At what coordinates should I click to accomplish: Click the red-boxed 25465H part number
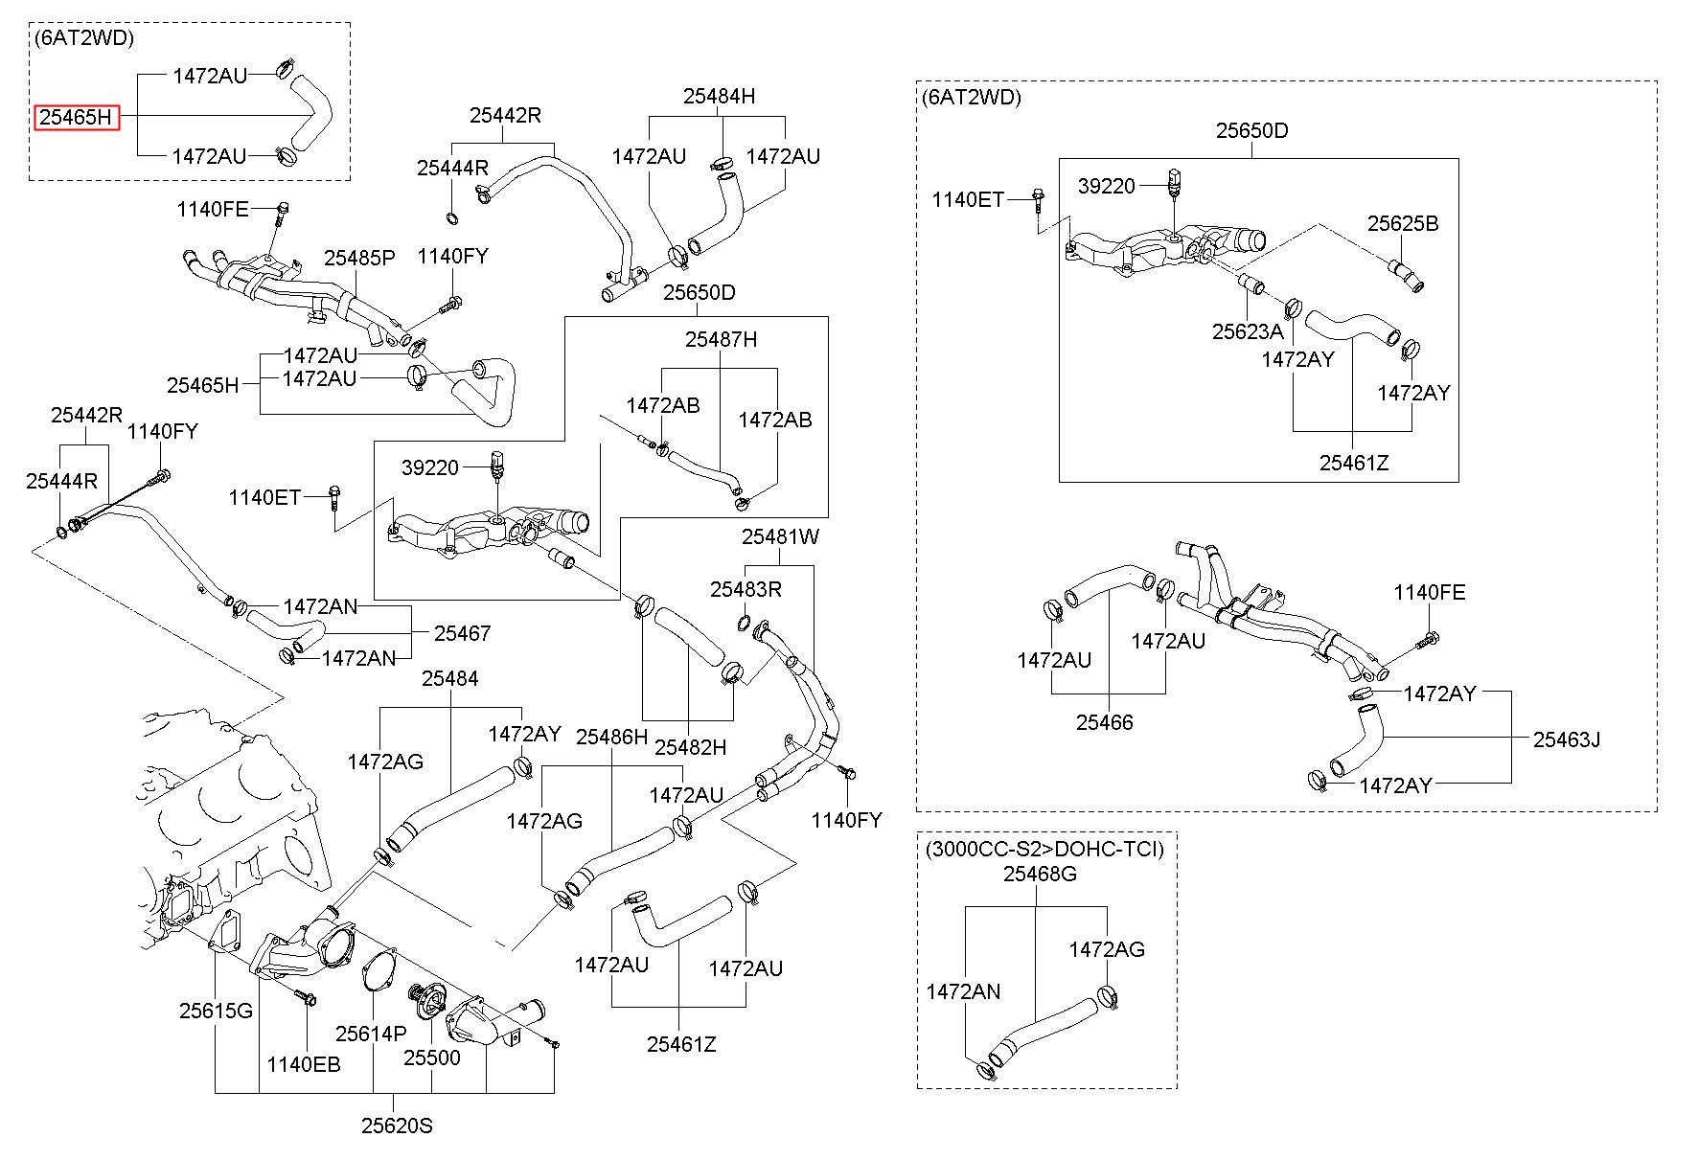pyautogui.click(x=78, y=118)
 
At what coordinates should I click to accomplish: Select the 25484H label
pyautogui.click(x=719, y=96)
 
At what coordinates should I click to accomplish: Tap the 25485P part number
pyautogui.click(x=359, y=258)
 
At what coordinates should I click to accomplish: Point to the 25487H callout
pyautogui.click(x=721, y=339)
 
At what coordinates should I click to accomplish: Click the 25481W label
pyautogui.click(x=780, y=536)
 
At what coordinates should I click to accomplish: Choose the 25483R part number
pyautogui.click(x=746, y=589)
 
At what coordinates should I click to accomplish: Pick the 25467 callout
pyautogui.click(x=462, y=633)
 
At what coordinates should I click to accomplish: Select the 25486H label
pyautogui.click(x=612, y=737)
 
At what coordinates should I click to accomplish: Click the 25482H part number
pyautogui.click(x=690, y=747)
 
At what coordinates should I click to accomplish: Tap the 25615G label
pyautogui.click(x=216, y=1011)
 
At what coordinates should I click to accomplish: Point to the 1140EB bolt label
pyautogui.click(x=304, y=1064)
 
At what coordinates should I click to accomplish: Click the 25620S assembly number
pyautogui.click(x=397, y=1126)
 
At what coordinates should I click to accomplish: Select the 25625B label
pyautogui.click(x=1403, y=223)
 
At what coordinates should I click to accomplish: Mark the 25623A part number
pyautogui.click(x=1248, y=331)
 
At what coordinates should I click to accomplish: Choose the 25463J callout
pyautogui.click(x=1567, y=739)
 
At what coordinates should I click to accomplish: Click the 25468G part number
pyautogui.click(x=1040, y=874)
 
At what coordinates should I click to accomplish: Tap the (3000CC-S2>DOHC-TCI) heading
pyautogui.click(x=1044, y=849)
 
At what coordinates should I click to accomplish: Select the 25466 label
pyautogui.click(x=1104, y=722)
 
